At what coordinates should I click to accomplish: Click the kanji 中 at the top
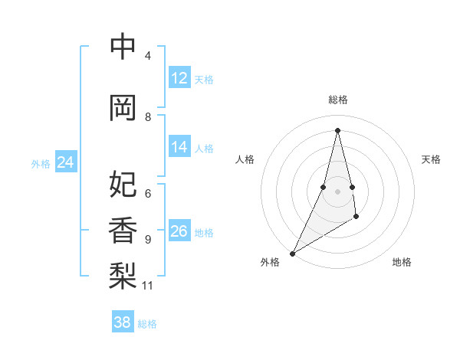(123, 47)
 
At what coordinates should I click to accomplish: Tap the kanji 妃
(123, 185)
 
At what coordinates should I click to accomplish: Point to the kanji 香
(123, 230)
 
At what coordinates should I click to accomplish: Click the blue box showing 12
(179, 78)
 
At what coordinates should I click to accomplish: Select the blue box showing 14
(179, 148)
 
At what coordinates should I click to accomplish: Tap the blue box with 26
(179, 231)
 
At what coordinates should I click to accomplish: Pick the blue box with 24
(66, 162)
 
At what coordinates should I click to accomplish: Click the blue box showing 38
(123, 323)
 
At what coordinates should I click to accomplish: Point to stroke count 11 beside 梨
(148, 286)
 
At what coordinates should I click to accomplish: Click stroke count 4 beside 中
(148, 56)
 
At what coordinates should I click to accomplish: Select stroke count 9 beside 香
(148, 240)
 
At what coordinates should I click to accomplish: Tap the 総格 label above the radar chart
(337, 100)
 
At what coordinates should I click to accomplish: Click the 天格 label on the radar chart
(432, 159)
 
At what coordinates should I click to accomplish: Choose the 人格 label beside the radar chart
(245, 159)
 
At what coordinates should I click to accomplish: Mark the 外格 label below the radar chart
(269, 263)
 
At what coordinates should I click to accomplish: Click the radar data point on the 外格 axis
(292, 253)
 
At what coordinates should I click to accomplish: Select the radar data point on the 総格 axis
(337, 129)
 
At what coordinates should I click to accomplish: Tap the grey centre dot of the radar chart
(337, 191)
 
